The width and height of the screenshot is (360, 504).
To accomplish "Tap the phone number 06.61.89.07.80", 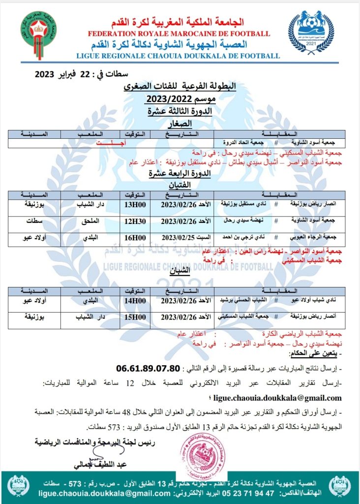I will (x=148, y=368).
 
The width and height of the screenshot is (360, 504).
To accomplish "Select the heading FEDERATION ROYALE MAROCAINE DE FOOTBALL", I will (x=179, y=33).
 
